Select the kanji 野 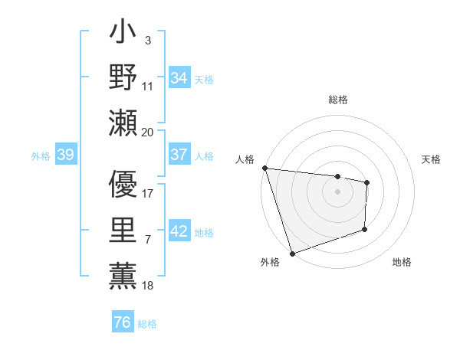tap(123, 79)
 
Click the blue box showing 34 tap(179, 77)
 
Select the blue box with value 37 tap(179, 154)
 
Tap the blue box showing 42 tap(179, 231)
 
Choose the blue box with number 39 tap(65, 155)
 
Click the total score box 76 tap(123, 322)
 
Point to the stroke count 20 tap(148, 132)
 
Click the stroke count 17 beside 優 tap(148, 193)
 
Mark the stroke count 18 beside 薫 tap(148, 286)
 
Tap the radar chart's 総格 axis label tap(337, 100)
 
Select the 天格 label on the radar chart tap(432, 159)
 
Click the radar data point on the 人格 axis tap(264, 168)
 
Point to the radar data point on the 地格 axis tap(365, 229)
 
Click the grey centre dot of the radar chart tap(337, 191)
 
